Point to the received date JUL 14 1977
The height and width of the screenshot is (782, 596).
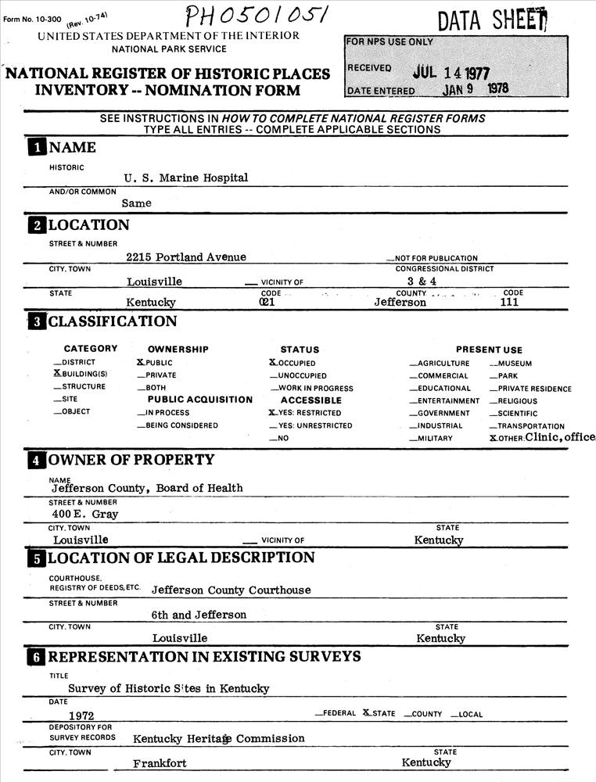(451, 73)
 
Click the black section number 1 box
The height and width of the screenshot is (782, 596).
(36, 148)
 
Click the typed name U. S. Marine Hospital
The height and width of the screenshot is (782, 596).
(185, 178)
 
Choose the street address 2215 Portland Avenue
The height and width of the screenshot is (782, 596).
(186, 257)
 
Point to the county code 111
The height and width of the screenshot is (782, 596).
(509, 302)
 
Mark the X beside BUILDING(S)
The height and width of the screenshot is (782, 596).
(57, 374)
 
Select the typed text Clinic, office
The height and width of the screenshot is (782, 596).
(560, 436)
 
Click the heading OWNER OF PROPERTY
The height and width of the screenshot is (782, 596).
(131, 460)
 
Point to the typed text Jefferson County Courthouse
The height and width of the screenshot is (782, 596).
(231, 590)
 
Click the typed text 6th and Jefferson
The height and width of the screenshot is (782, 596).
(199, 615)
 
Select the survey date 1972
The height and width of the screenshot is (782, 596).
(82, 715)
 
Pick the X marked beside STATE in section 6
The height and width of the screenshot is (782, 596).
(367, 713)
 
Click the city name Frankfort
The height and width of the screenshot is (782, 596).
(160, 763)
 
